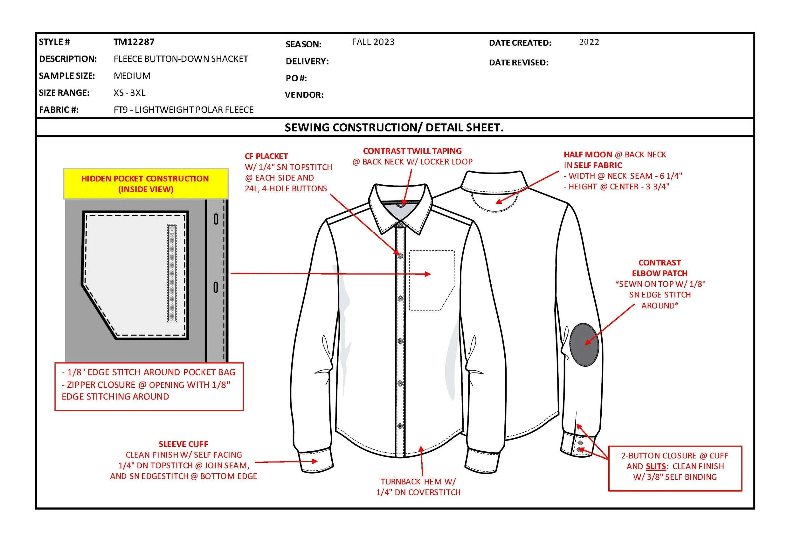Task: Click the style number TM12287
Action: pos(134,42)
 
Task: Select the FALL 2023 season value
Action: pos(373,42)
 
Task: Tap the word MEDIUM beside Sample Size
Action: pos(132,76)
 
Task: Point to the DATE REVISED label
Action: pos(518,63)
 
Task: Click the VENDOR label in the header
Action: pos(304,95)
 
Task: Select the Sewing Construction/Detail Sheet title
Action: pos(394,127)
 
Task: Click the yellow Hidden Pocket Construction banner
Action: pos(146,184)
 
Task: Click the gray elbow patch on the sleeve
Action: pos(584,345)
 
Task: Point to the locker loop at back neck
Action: pos(401,205)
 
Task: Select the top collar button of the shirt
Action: pos(400,224)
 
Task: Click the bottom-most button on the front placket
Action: pos(400,426)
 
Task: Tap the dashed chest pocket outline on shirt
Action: pos(432,280)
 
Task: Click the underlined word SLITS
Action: pos(656,467)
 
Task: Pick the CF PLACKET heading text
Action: pos(266,156)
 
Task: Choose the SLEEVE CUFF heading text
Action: pos(183,444)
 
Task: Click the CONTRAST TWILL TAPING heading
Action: pos(412,151)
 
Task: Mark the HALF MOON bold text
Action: pos(588,154)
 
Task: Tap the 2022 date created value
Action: pos(589,42)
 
